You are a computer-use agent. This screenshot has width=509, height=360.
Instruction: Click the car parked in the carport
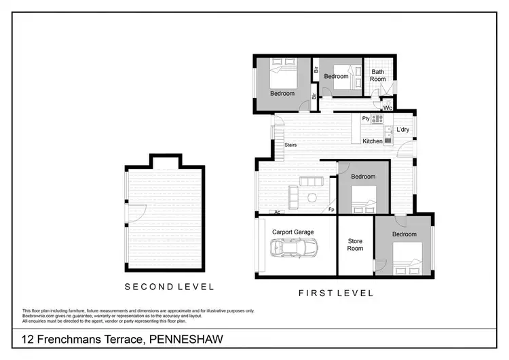pyautogui.click(x=293, y=249)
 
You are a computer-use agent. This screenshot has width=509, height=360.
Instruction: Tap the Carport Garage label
pyautogui.click(x=293, y=232)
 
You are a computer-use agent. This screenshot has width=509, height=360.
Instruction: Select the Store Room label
pyautogui.click(x=355, y=245)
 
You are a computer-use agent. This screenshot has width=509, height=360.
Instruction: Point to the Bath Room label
pyautogui.click(x=378, y=75)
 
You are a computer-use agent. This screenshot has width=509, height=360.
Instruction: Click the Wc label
pyautogui.click(x=388, y=108)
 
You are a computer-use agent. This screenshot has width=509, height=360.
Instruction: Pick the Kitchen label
pyautogui.click(x=373, y=141)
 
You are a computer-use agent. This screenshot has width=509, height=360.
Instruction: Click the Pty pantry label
pyautogui.click(x=365, y=119)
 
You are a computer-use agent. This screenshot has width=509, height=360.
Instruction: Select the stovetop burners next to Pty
pyautogui.click(x=377, y=119)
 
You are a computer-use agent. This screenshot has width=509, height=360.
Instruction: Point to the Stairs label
pyautogui.click(x=290, y=145)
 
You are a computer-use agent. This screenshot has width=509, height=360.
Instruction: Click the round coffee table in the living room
pyautogui.click(x=312, y=198)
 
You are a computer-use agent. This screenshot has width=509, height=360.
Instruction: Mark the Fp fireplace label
pyautogui.click(x=331, y=209)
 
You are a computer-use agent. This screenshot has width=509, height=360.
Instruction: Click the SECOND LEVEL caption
pyautogui.click(x=169, y=287)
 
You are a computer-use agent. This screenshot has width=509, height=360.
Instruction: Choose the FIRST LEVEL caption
pyautogui.click(x=336, y=293)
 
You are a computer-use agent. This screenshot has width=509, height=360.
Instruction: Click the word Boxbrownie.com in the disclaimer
pyautogui.click(x=38, y=315)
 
